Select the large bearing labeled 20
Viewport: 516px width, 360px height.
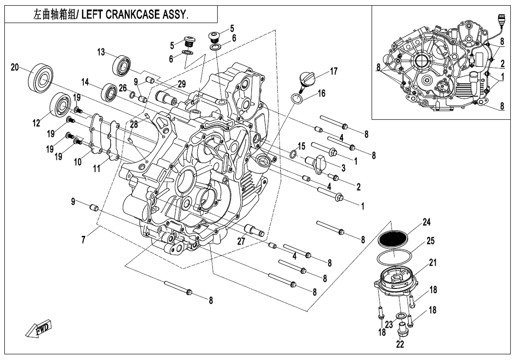coord(41,77)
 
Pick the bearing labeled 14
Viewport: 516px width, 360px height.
coord(109,93)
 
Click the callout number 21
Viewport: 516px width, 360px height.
coord(433,262)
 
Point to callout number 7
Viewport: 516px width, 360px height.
coord(84,240)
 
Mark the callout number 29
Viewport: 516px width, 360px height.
coord(182,84)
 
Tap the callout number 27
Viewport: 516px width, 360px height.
coord(241,241)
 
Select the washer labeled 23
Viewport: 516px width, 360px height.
coord(400,316)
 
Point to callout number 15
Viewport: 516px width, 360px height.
coord(302,146)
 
